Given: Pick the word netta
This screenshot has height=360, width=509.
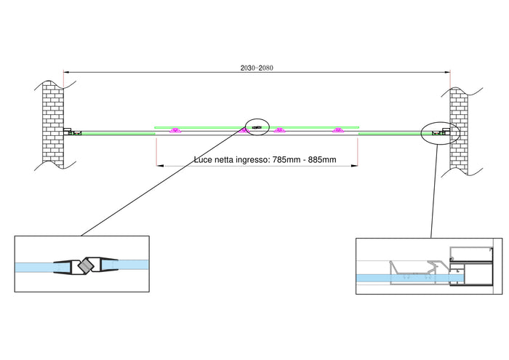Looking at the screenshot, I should [x=227, y=160].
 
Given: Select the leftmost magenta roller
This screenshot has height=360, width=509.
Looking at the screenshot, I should [x=175, y=131].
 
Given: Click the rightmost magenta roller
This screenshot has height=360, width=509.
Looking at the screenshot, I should [x=338, y=131].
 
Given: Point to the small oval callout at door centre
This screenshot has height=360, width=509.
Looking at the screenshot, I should [x=257, y=127].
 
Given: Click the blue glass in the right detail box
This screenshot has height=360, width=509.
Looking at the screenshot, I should [x=407, y=277].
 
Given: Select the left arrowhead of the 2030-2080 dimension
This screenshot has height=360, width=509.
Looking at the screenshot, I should [x=66, y=72].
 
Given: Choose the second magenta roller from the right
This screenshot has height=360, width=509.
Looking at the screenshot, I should [x=279, y=131].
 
